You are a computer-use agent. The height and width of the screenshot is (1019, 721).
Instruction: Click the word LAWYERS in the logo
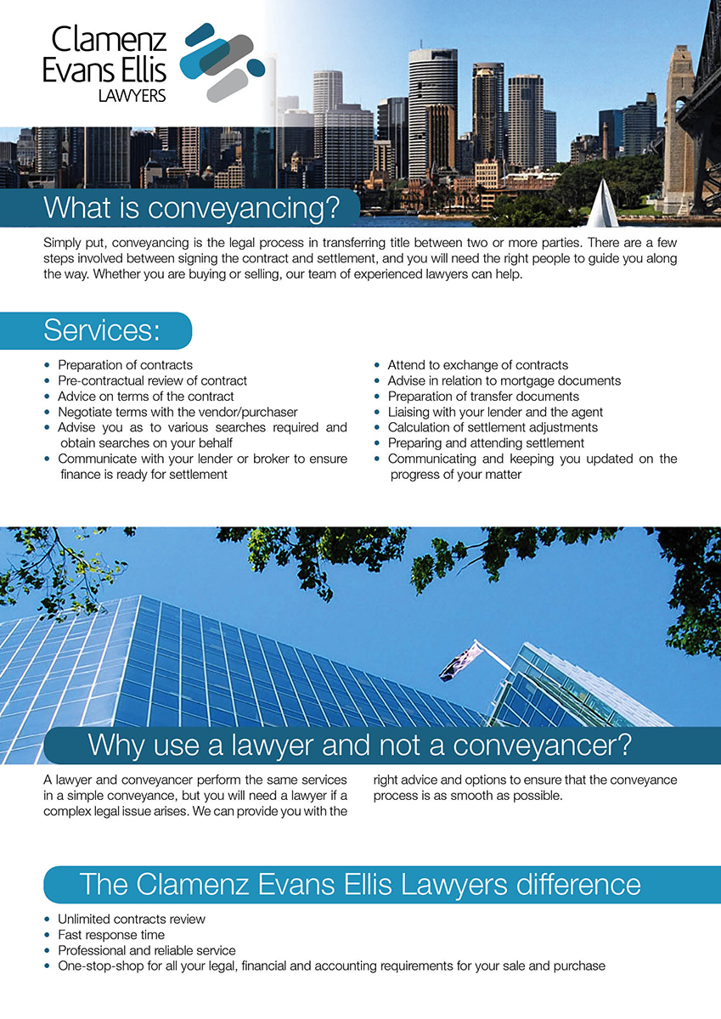tap(132, 96)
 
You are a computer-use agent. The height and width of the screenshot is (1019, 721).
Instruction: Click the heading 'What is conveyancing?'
tap(191, 207)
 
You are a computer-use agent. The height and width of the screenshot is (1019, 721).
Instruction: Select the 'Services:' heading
tap(101, 330)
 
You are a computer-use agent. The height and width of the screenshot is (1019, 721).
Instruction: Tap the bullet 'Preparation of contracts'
tap(125, 365)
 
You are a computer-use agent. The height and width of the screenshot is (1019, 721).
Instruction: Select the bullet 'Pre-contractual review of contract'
tap(152, 380)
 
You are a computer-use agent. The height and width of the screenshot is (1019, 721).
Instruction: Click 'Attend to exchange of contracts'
tap(477, 365)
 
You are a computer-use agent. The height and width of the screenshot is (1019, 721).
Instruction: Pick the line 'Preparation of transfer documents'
tap(483, 397)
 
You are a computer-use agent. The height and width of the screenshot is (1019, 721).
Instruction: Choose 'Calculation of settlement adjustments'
tap(493, 427)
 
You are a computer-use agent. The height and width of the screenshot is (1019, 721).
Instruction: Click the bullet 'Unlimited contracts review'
tap(131, 919)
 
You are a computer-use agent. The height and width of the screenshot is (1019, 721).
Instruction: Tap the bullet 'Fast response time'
tap(111, 935)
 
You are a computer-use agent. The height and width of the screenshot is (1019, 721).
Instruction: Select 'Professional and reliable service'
tap(146, 950)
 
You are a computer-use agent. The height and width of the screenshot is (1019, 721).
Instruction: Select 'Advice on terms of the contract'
tap(145, 397)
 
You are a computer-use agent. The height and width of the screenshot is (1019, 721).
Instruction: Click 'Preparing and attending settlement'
tap(486, 443)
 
